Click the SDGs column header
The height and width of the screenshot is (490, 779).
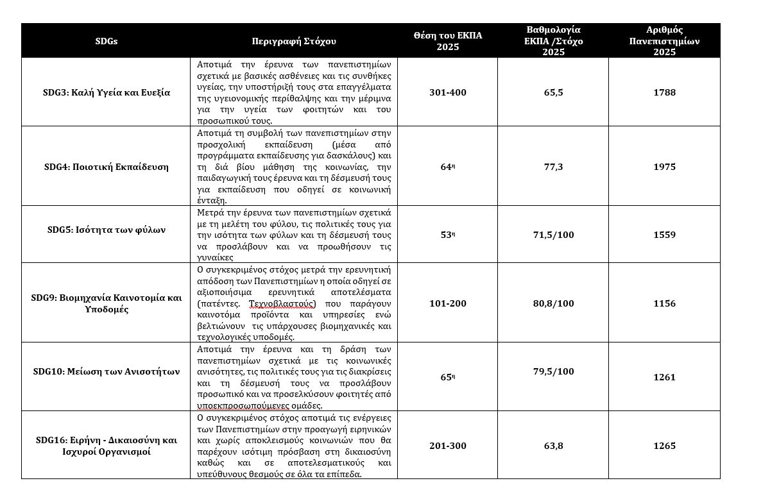click(x=106, y=41)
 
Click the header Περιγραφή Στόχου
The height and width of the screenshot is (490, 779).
click(x=294, y=41)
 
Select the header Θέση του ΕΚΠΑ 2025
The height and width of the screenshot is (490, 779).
click(x=447, y=41)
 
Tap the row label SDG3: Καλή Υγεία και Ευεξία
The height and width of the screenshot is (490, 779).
click(x=106, y=92)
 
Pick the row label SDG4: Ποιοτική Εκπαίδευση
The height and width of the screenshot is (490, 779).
click(x=106, y=167)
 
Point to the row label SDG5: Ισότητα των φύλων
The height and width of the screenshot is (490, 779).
click(x=106, y=230)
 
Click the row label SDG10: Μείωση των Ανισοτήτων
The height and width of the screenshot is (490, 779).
click(x=106, y=371)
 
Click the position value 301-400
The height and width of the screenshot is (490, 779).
click(x=447, y=92)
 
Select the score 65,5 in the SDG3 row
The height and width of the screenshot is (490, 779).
click(x=552, y=92)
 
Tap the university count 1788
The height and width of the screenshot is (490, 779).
click(x=664, y=92)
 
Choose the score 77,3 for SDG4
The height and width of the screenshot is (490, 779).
click(x=552, y=167)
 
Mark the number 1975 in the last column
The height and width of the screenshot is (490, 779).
click(x=664, y=167)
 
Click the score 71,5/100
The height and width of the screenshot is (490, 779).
click(x=552, y=235)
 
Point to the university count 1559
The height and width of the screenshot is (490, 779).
click(x=664, y=235)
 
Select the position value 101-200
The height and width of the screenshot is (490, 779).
click(x=447, y=303)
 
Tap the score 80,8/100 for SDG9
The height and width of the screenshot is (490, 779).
click(x=552, y=303)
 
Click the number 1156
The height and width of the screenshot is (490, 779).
click(x=664, y=303)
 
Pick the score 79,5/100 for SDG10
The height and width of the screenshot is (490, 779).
click(x=552, y=371)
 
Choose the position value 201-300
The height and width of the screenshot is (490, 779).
click(x=447, y=446)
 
